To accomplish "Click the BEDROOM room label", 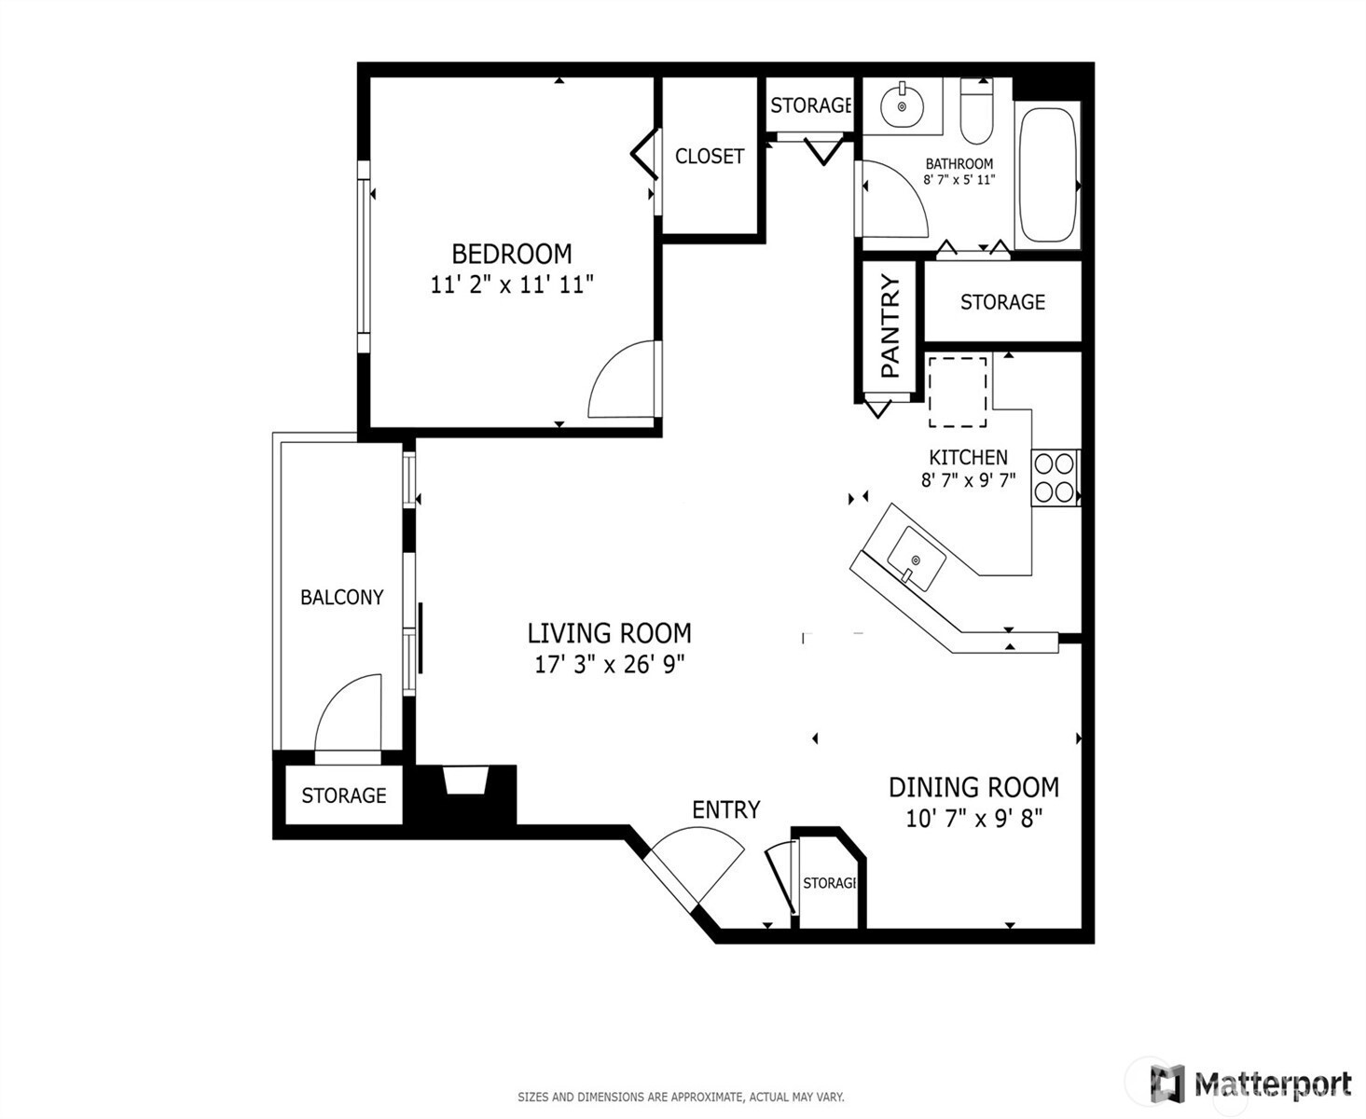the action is coord(512,254).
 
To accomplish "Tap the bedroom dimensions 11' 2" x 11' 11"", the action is coord(512,284).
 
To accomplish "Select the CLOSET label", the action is coord(710,156).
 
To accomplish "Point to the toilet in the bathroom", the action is coord(977,112).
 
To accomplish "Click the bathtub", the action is coord(1047,175).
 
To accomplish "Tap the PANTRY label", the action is coord(890,326).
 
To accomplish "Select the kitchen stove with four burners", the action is coord(1056,477).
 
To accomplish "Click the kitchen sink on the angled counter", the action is coord(916,559).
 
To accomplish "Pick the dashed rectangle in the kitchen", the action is coord(958,392).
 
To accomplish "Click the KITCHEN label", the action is coord(968,458).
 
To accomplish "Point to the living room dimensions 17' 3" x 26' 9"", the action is coord(610,664).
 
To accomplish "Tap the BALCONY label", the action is coord(342,597).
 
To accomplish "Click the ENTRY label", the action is coord(726,810).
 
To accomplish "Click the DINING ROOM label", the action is coord(973,788).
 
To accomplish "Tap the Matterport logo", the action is coord(1251,1084).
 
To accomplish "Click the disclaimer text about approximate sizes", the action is coord(681,1097).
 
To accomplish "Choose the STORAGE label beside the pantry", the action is coord(1002,302).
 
